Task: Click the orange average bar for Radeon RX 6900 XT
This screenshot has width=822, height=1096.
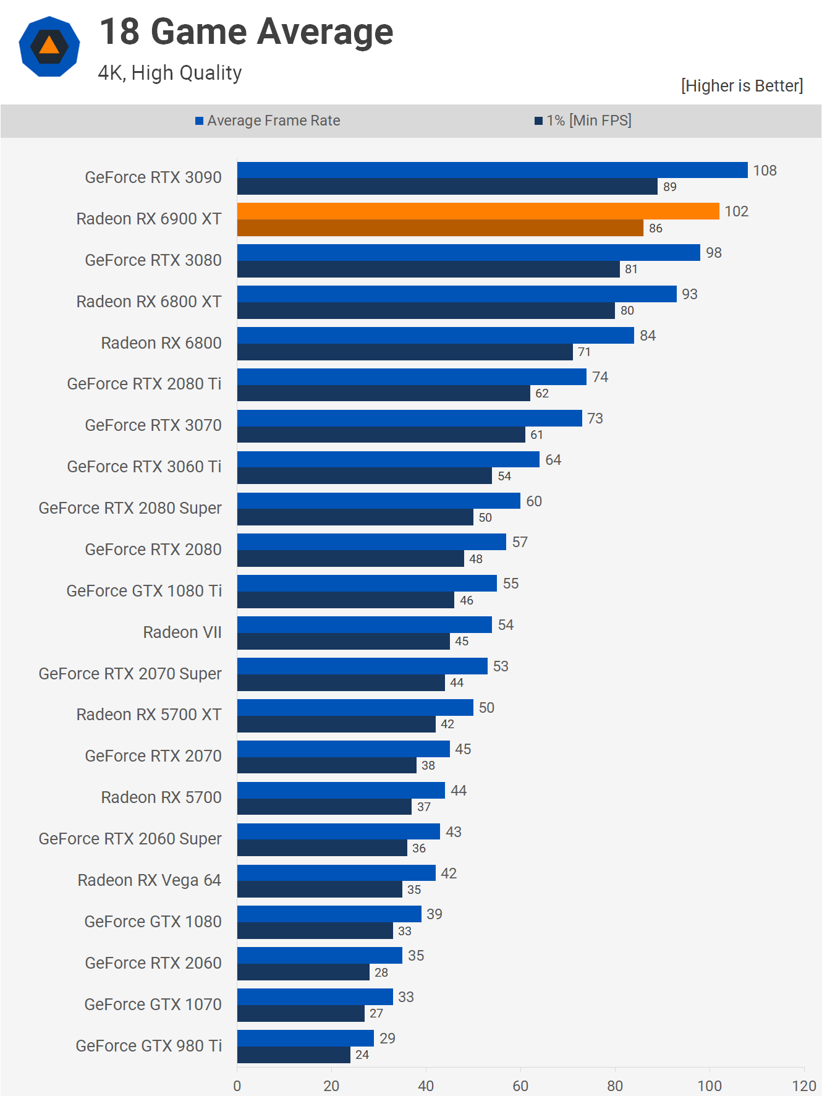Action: pyautogui.click(x=478, y=211)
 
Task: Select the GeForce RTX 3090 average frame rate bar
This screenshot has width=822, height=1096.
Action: pyautogui.click(x=492, y=170)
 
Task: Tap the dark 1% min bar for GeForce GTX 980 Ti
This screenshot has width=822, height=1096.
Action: pyautogui.click(x=294, y=1055)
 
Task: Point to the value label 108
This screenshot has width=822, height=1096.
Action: pyautogui.click(x=765, y=171)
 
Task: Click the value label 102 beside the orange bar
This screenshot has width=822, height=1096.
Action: pyautogui.click(x=736, y=211)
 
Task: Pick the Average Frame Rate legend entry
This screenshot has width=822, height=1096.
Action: pyautogui.click(x=268, y=121)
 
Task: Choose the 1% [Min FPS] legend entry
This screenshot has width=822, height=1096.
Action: pyautogui.click(x=583, y=121)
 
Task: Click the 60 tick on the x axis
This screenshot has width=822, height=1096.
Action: pyautogui.click(x=520, y=1085)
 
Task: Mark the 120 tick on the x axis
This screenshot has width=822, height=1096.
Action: pyautogui.click(x=804, y=1085)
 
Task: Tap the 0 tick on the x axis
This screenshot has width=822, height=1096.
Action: pyautogui.click(x=237, y=1085)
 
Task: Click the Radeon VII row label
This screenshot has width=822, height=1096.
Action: pyautogui.click(x=182, y=632)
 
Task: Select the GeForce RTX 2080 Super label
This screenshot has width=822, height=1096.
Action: pyautogui.click(x=130, y=508)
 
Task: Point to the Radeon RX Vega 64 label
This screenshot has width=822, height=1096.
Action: pyautogui.click(x=149, y=880)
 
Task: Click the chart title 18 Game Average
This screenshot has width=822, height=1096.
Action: pyautogui.click(x=246, y=32)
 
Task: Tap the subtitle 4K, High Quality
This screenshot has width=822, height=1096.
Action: pyautogui.click(x=170, y=73)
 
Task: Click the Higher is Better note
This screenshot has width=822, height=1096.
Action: pyautogui.click(x=742, y=85)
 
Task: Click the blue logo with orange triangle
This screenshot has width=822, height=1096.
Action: pyautogui.click(x=49, y=46)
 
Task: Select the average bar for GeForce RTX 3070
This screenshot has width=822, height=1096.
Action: pyautogui.click(x=409, y=418)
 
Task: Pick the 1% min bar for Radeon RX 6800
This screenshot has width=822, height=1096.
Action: pyautogui.click(x=405, y=352)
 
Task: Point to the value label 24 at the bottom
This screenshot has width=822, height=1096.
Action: pyautogui.click(x=362, y=1055)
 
